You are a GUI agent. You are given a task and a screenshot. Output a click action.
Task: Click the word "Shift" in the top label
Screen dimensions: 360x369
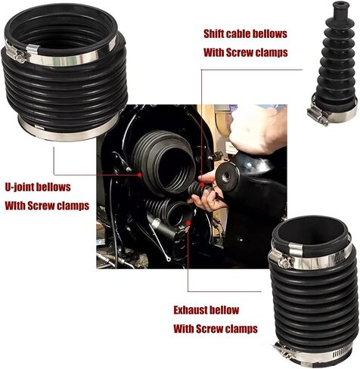click(214, 34)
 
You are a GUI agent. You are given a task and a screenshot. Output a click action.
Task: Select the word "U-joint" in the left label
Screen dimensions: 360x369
click(20, 188)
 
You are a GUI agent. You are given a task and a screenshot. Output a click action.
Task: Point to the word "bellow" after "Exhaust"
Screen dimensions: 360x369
click(224, 310)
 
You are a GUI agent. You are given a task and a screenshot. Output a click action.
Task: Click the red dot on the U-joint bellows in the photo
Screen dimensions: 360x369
click(139, 175)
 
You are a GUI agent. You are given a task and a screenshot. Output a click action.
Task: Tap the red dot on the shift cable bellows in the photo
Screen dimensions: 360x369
click(202, 184)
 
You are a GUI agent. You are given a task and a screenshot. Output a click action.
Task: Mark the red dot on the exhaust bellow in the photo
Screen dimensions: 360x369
click(188, 223)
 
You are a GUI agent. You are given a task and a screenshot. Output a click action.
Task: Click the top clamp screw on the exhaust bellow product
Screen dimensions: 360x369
click(286, 262)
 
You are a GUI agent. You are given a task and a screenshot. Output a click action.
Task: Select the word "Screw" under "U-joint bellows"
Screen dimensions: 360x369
click(41, 206)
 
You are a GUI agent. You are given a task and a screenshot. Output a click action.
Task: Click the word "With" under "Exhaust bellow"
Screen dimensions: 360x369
click(184, 329)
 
